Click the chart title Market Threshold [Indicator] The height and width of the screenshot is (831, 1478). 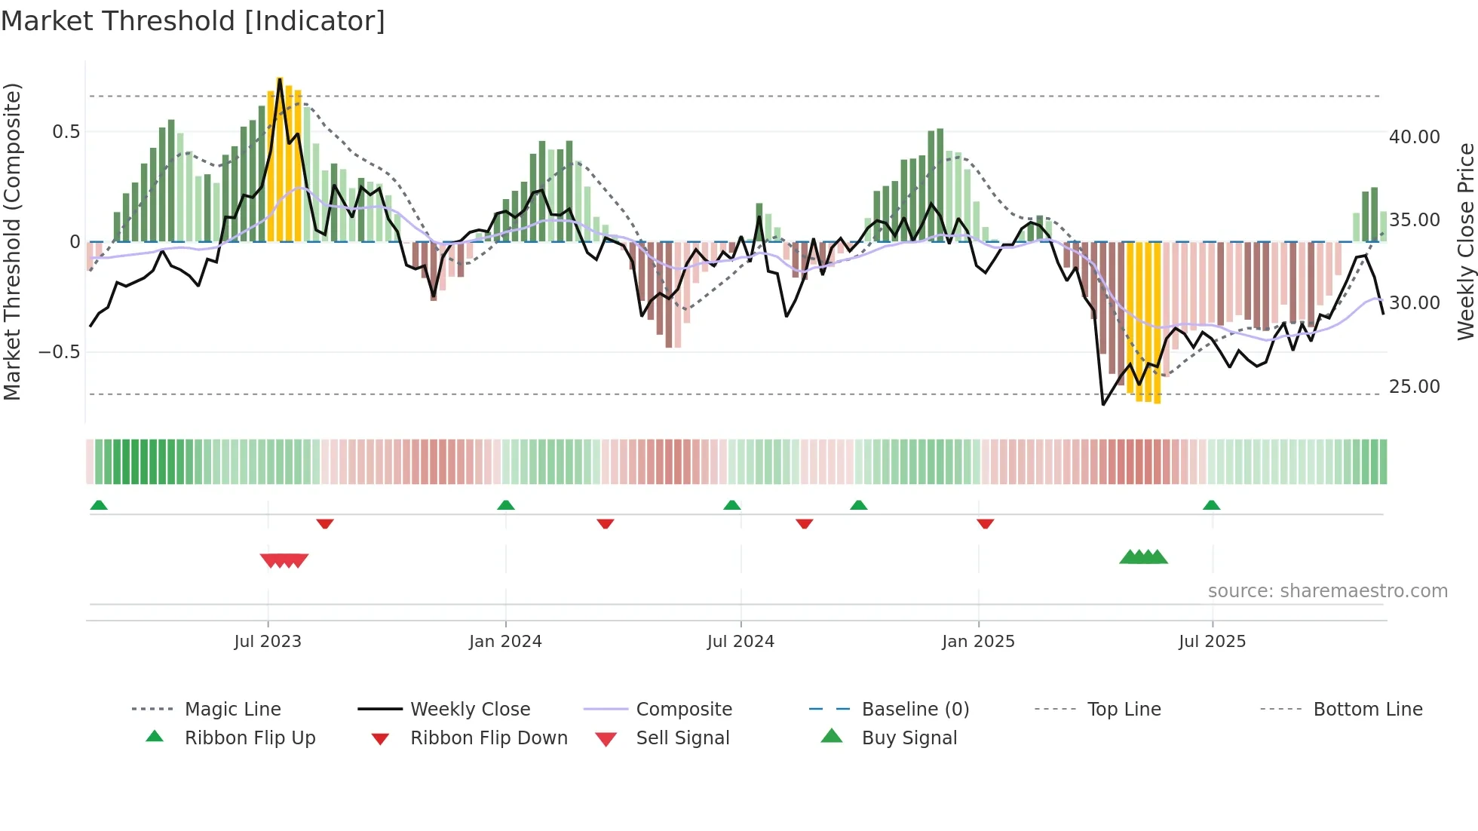click(x=193, y=21)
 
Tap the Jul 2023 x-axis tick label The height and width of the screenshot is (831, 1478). click(x=268, y=642)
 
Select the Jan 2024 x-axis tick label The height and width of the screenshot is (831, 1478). click(x=505, y=642)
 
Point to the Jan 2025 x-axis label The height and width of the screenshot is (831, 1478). click(x=978, y=642)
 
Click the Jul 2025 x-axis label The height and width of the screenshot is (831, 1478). click(x=1212, y=642)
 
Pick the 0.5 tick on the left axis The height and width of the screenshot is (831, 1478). click(x=66, y=132)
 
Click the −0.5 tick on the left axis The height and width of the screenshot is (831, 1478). click(x=60, y=352)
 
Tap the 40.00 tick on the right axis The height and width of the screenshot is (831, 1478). click(x=1414, y=137)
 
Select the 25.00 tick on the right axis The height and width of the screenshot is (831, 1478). click(x=1414, y=387)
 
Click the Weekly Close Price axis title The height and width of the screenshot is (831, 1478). click(x=1465, y=241)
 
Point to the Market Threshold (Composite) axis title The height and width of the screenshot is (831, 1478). click(x=12, y=241)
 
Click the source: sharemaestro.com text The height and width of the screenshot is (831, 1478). click(x=1327, y=591)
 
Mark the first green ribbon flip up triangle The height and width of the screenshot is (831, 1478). click(x=99, y=505)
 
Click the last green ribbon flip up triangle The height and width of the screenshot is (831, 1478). click(x=1211, y=505)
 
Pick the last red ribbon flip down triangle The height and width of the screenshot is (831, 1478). click(x=985, y=523)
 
